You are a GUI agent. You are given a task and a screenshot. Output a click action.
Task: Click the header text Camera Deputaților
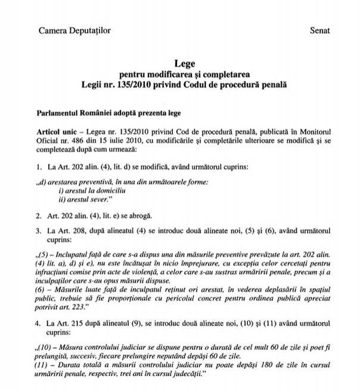pos(74,29)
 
